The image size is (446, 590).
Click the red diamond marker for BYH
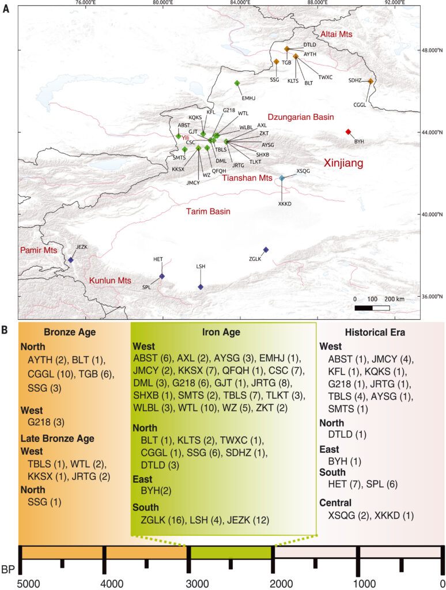tap(348, 132)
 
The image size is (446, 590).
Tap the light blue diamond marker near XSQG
tap(282, 179)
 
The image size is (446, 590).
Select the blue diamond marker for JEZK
tap(70, 260)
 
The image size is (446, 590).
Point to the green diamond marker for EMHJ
tap(237, 84)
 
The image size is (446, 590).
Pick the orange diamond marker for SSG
tap(276, 62)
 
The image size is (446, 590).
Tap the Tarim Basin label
tap(207, 212)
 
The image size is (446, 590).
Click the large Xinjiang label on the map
tap(343, 164)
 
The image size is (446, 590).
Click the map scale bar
tap(372, 308)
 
